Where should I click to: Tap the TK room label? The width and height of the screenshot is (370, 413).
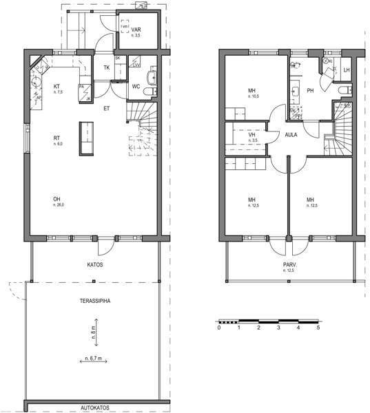[x=107, y=67]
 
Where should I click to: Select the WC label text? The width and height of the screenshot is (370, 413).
[x=136, y=87]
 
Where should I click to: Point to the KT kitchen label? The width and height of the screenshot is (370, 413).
[x=57, y=86]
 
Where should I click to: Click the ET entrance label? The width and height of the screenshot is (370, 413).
[x=107, y=108]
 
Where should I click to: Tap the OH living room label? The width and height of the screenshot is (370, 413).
[x=56, y=200]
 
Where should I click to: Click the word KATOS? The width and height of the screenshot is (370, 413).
[x=95, y=264]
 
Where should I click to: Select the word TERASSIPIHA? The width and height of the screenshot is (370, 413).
[x=95, y=301]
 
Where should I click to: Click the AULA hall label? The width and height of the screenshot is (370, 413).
[x=291, y=135]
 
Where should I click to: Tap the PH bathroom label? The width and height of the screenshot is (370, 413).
[x=310, y=90]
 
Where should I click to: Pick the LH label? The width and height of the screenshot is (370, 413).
[x=347, y=70]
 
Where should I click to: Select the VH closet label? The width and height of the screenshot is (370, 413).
[x=252, y=135]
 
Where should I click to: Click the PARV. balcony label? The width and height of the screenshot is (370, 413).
[x=288, y=265]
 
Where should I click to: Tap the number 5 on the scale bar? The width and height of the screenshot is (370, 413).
[x=318, y=328]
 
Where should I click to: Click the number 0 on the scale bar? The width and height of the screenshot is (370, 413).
[x=218, y=328]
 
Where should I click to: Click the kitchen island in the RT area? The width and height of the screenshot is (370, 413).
[x=86, y=138]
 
